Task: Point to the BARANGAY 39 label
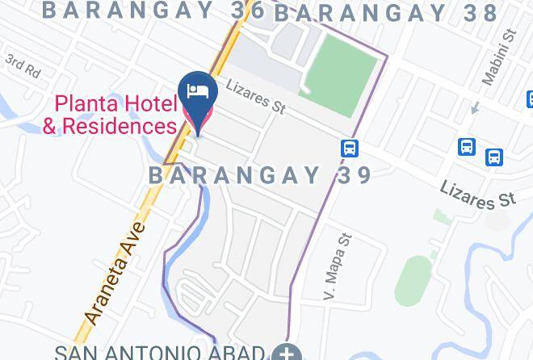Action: pyautogui.click(x=260, y=175)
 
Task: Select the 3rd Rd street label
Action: pyautogui.click(x=23, y=66)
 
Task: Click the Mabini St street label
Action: pyautogui.click(x=498, y=57)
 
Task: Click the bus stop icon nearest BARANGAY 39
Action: pyautogui.click(x=350, y=149)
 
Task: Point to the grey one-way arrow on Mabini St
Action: pyautogui.click(x=476, y=107)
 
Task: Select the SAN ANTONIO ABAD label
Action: pyautogui.click(x=159, y=353)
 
